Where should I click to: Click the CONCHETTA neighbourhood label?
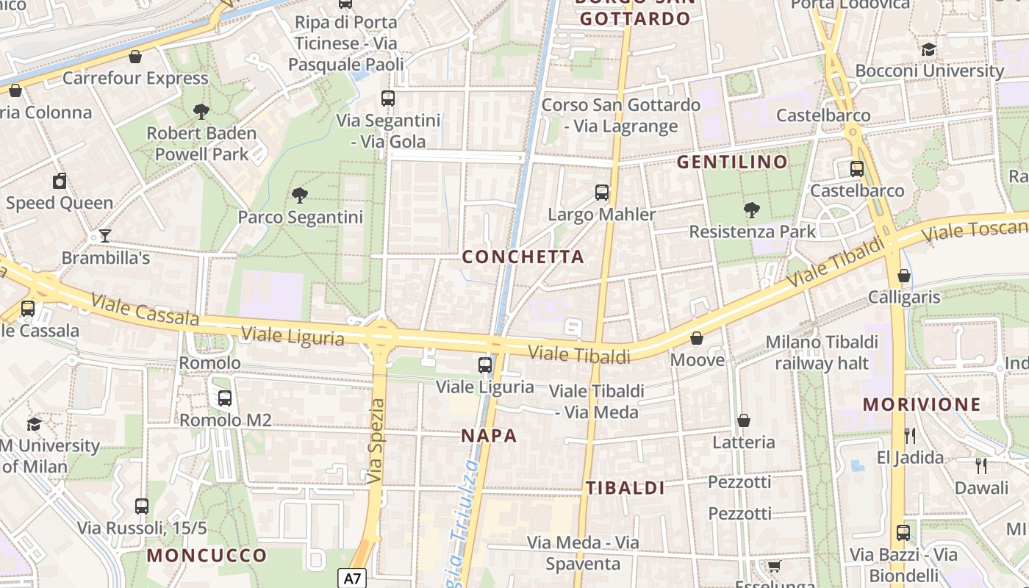point(523,257)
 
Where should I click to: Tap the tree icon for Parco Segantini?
point(299,196)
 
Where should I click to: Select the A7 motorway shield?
point(353,578)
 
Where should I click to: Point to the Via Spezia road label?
point(376,441)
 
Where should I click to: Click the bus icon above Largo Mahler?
point(602,193)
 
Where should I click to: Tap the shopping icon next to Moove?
point(696,339)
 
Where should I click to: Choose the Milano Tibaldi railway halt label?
point(822,353)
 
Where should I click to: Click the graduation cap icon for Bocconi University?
point(929,49)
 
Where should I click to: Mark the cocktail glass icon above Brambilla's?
point(105,236)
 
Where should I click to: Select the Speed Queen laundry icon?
point(60,181)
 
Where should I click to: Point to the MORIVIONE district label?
point(922,404)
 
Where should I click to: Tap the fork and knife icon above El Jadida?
point(910,436)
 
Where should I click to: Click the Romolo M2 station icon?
point(225,398)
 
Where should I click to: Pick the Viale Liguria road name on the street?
point(293,337)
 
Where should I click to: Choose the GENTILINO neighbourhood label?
point(732,162)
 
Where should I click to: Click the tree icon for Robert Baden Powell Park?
point(201,112)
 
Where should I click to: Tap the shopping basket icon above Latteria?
point(744,420)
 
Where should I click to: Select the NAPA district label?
point(489,436)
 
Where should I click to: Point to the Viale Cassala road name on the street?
point(146,309)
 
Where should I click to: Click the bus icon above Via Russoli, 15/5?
point(142,506)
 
